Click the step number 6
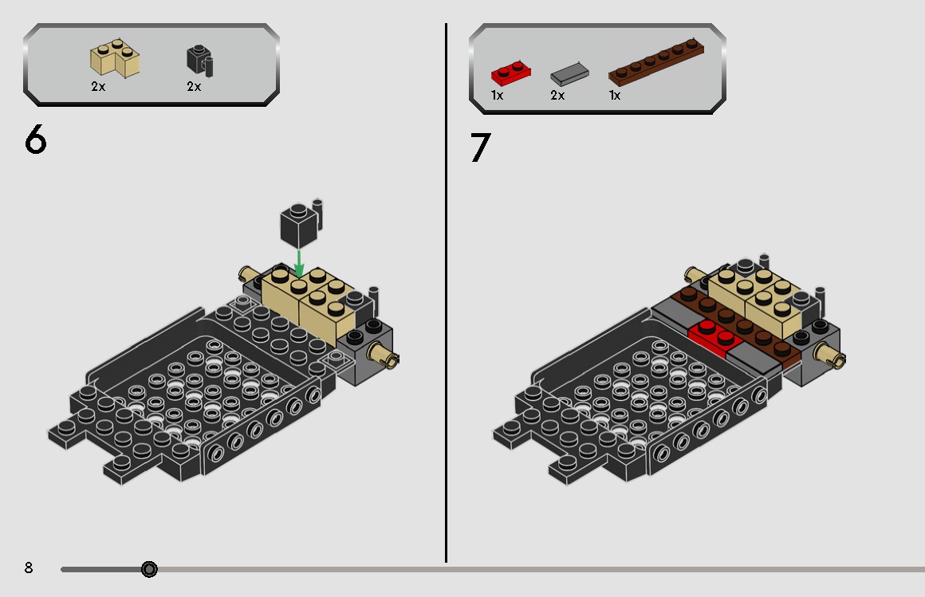tap(35, 139)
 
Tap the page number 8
tap(29, 568)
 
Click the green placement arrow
tap(299, 264)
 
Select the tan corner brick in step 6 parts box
tap(115, 58)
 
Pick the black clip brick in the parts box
tap(200, 61)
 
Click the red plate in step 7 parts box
tap(511, 73)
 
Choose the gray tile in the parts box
tap(569, 74)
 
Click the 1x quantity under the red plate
tap(497, 95)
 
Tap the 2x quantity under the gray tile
tap(557, 95)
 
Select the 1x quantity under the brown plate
tap(615, 95)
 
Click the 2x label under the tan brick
tap(98, 86)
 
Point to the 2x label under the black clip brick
tap(194, 86)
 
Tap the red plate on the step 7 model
tap(715, 338)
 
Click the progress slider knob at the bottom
tap(149, 569)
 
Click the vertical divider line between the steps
tap(446, 293)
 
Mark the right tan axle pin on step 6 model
tap(384, 355)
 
